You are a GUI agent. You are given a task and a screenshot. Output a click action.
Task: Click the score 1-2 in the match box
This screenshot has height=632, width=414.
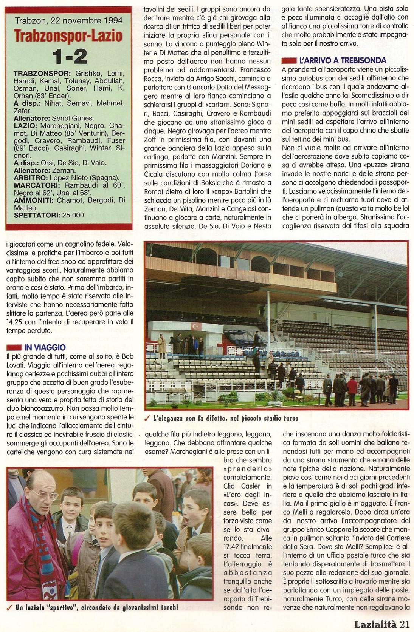pyautogui.click(x=70, y=57)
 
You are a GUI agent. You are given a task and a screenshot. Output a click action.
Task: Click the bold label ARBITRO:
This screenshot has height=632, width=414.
pyautogui.click(x=31, y=178)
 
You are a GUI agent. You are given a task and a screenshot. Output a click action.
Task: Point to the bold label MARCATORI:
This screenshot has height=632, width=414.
pyautogui.click(x=36, y=185)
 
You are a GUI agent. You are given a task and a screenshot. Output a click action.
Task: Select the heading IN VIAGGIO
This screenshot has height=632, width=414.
pyautogui.click(x=45, y=347)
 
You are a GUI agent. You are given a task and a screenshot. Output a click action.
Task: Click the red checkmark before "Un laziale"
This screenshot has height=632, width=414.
pyautogui.click(x=9, y=607)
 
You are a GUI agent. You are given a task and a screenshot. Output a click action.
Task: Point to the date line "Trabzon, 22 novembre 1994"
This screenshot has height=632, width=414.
pyautogui.click(x=68, y=20)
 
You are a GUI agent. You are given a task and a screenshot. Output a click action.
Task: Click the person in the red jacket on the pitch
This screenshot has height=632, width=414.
pyautogui.click(x=352, y=386)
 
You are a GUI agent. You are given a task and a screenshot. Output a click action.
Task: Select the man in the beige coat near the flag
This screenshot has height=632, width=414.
pyautogui.click(x=162, y=344)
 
